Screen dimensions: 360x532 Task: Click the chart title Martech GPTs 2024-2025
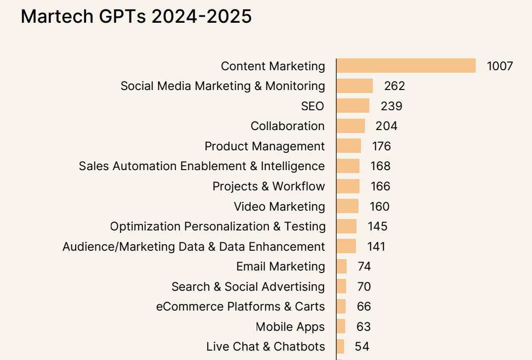(x=136, y=17)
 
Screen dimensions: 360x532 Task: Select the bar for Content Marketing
(x=406, y=66)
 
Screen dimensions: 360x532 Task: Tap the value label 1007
(x=500, y=66)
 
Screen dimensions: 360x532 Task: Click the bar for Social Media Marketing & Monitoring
(x=355, y=86)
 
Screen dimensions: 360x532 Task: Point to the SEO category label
(x=312, y=106)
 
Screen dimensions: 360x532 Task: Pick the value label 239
(x=392, y=106)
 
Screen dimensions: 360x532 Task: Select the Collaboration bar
(x=351, y=126)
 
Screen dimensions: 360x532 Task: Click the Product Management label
(x=265, y=146)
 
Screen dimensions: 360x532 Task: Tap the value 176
(x=382, y=146)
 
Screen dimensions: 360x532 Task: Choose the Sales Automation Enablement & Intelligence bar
(x=348, y=166)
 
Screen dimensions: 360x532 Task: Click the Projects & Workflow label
(x=268, y=186)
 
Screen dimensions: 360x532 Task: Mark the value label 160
(x=380, y=207)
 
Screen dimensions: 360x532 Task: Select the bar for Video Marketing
(x=348, y=206)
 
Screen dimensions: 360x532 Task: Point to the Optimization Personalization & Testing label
(x=218, y=226)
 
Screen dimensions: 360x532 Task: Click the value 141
(x=376, y=247)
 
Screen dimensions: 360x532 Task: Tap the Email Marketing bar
(x=342, y=267)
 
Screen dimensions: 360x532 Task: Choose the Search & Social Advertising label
(x=248, y=287)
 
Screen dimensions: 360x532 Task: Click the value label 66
(x=364, y=307)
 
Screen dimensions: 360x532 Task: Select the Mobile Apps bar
(x=341, y=327)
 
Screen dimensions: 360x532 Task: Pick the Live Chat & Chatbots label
(x=266, y=347)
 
